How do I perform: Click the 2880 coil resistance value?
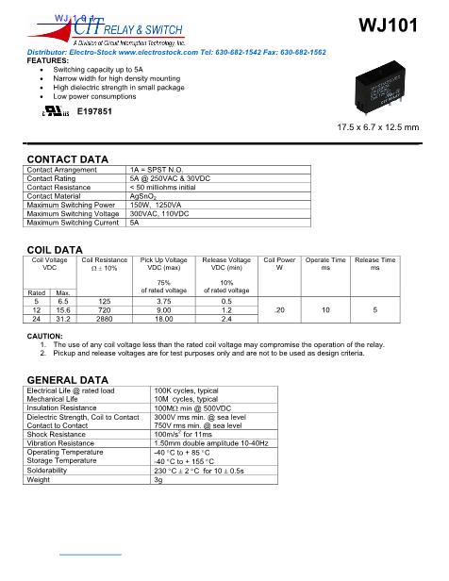[x=105, y=320]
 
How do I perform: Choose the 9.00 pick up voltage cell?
[x=163, y=310]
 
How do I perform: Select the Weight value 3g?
[x=158, y=479]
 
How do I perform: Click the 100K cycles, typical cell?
[x=186, y=390]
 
